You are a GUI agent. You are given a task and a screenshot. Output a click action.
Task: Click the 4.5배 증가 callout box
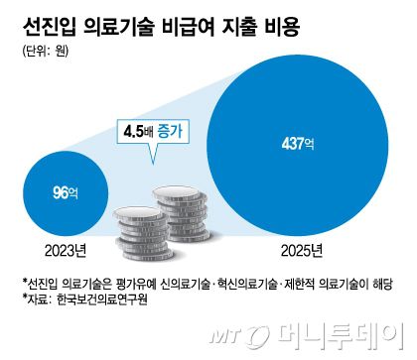[x=156, y=129]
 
